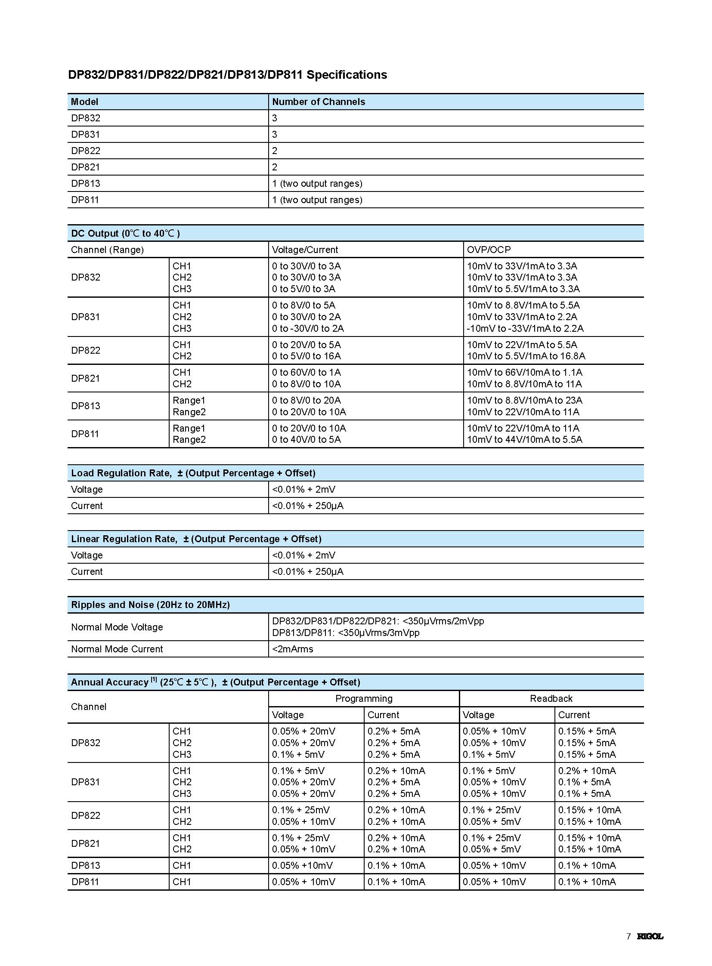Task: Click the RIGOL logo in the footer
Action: coord(650,936)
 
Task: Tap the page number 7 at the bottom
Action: coord(628,936)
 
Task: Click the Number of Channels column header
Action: coord(319,102)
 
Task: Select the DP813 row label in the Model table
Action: coord(85,184)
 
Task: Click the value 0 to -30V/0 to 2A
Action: coord(308,328)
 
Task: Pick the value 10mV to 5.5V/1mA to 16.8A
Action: coord(526,356)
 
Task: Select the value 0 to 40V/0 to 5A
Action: coord(306,439)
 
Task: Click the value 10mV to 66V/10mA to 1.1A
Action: coord(524,372)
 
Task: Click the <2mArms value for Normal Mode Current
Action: coord(293,649)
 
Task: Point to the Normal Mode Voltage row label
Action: coord(117,627)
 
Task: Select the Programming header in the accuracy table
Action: coord(364,698)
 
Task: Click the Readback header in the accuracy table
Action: coord(551,698)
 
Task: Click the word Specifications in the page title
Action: coord(347,75)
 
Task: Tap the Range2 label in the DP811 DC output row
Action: coord(189,439)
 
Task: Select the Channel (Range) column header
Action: coord(107,250)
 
